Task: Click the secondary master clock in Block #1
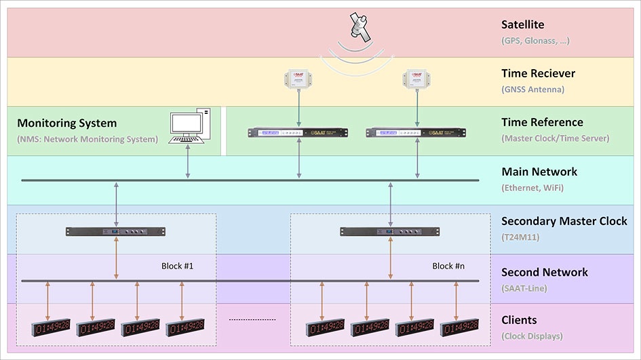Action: [116, 232]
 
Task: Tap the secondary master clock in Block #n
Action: [390, 232]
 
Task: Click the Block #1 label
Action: [178, 266]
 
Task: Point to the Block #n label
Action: [448, 266]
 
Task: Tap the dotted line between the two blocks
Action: [252, 319]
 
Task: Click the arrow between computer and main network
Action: [187, 163]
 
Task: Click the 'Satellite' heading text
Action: [522, 25]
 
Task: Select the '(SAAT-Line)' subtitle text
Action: [523, 287]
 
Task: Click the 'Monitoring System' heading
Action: [66, 123]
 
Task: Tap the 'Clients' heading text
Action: [519, 320]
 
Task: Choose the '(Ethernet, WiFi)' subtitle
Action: [532, 187]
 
